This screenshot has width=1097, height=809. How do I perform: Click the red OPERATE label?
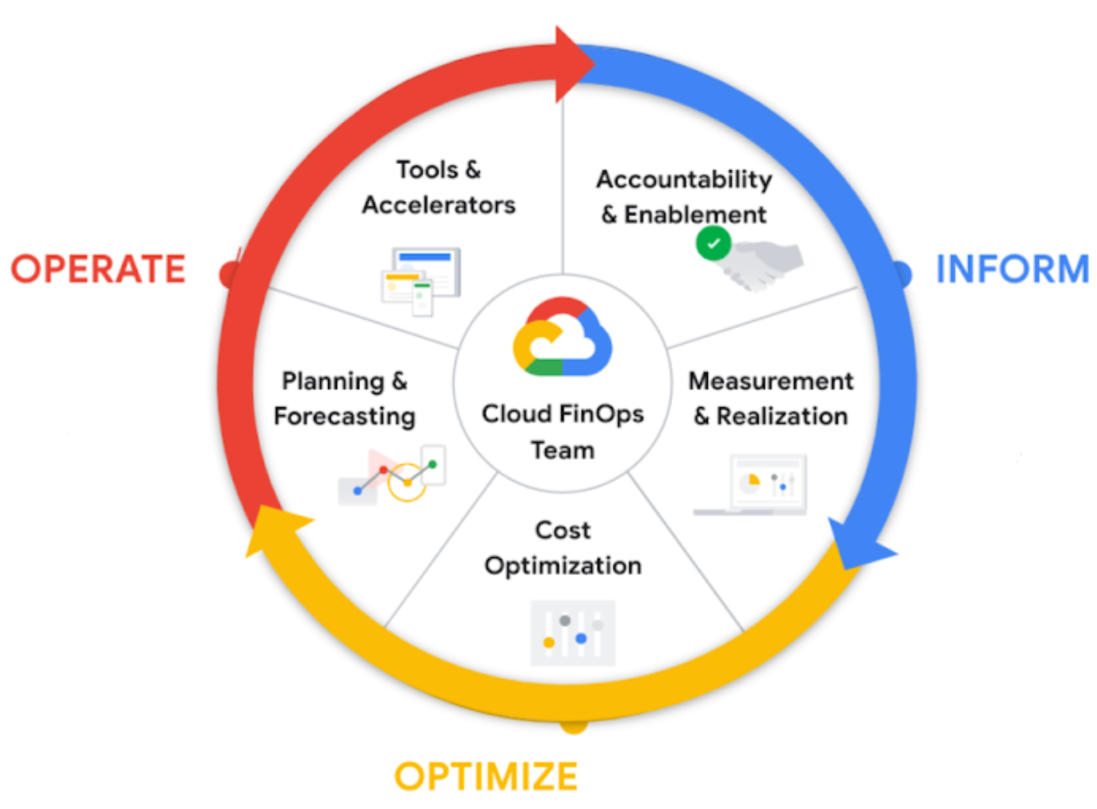[x=98, y=269]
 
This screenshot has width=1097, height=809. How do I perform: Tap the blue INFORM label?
[x=1012, y=269]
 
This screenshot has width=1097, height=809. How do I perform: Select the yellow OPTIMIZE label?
[x=486, y=777]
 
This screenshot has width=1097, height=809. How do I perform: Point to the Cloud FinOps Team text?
[x=563, y=432]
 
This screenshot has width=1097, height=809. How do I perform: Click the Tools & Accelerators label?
[x=439, y=188]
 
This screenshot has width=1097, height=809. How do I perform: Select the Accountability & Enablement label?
[x=684, y=197]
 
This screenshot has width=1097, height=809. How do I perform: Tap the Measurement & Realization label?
[x=771, y=398]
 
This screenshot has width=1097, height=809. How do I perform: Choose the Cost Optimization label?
[x=563, y=548]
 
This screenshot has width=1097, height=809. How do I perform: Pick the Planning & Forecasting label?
[x=345, y=398]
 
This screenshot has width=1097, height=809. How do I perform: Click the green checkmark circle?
[x=713, y=243]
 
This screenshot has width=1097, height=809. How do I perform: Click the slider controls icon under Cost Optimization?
[x=573, y=633]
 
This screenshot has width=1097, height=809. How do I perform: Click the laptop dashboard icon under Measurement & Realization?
[x=753, y=486]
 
